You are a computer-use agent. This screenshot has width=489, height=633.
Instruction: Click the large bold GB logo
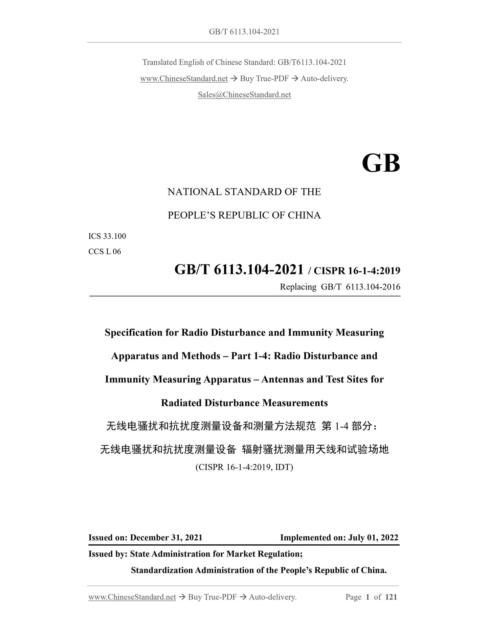381,163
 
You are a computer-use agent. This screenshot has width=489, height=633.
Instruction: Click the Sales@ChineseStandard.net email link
244,95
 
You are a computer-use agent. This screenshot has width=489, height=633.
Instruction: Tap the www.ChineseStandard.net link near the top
184,79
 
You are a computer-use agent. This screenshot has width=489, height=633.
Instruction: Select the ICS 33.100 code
107,236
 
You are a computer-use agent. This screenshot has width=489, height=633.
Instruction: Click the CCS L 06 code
105,252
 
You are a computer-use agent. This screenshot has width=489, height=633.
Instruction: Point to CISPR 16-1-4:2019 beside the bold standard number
357,271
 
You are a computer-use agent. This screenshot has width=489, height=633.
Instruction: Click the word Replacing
298,287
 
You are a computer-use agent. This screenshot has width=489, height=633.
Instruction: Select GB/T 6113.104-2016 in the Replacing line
360,287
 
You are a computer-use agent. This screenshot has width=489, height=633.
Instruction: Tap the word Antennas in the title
282,379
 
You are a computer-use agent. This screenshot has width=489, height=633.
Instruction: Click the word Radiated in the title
181,403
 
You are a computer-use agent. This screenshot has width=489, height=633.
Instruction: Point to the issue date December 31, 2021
166,538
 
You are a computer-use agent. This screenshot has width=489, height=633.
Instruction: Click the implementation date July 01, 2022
373,538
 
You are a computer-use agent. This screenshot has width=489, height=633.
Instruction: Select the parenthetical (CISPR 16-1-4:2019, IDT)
244,467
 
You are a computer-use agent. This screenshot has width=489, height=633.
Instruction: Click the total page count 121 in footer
391,597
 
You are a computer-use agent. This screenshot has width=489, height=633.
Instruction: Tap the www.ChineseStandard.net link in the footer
132,597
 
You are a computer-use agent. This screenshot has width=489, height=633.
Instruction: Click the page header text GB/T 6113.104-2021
244,32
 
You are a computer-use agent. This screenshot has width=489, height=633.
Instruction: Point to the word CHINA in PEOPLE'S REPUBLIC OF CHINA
304,215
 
